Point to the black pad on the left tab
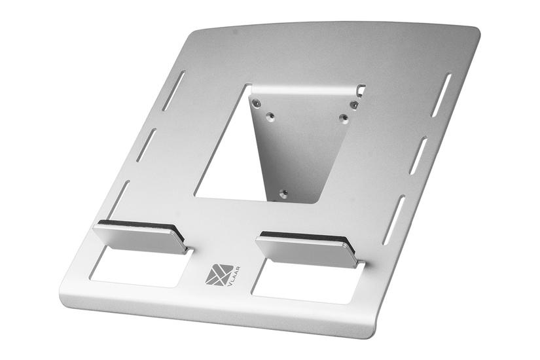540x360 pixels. click(x=136, y=225)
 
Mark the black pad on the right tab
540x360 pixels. click(x=308, y=236)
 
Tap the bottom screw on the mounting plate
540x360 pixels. click(x=283, y=194)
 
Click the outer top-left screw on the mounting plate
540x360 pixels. click(x=257, y=102)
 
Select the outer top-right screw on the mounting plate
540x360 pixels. click(x=353, y=105)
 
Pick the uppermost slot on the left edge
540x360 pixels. click(x=173, y=90)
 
